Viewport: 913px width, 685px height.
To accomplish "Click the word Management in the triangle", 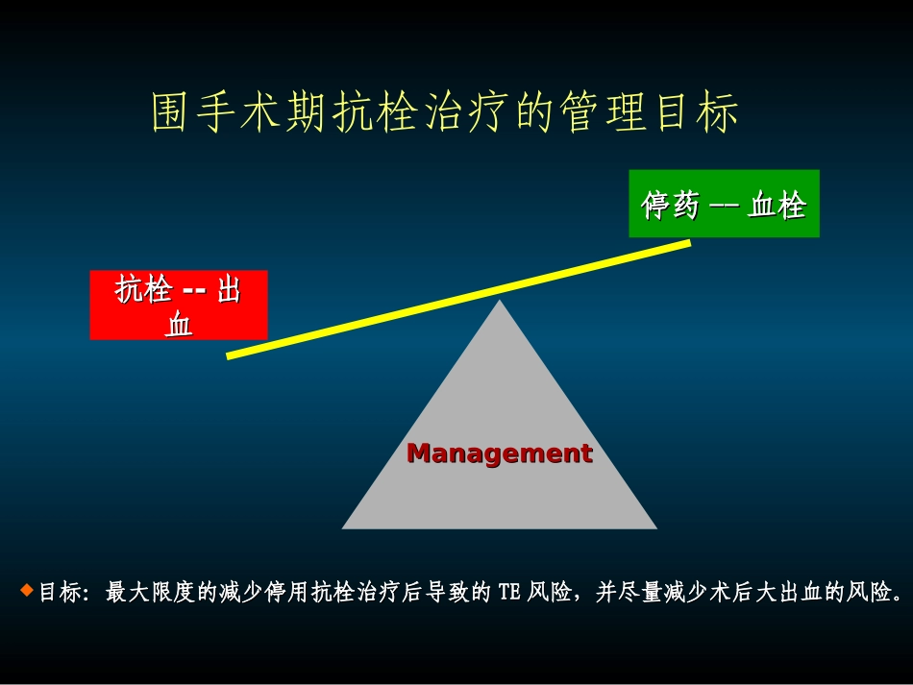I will [x=500, y=453].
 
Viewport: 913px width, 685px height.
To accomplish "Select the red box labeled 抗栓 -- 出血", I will [x=179, y=305].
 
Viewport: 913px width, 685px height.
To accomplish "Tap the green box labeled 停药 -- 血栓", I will [x=724, y=204].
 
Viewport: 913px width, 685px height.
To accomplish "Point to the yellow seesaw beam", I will [x=459, y=299].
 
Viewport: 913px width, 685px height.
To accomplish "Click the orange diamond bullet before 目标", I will [x=27, y=589].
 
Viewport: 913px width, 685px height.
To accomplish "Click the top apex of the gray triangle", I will [x=500, y=302].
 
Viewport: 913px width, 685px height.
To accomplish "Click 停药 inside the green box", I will [x=670, y=205].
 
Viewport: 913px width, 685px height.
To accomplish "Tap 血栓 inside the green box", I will [x=777, y=205].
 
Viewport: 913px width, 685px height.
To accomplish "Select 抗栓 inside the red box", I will [x=144, y=289].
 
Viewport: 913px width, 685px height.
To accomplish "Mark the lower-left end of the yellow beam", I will [x=231, y=355].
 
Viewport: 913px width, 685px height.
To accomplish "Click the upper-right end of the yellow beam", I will [x=687, y=243].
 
